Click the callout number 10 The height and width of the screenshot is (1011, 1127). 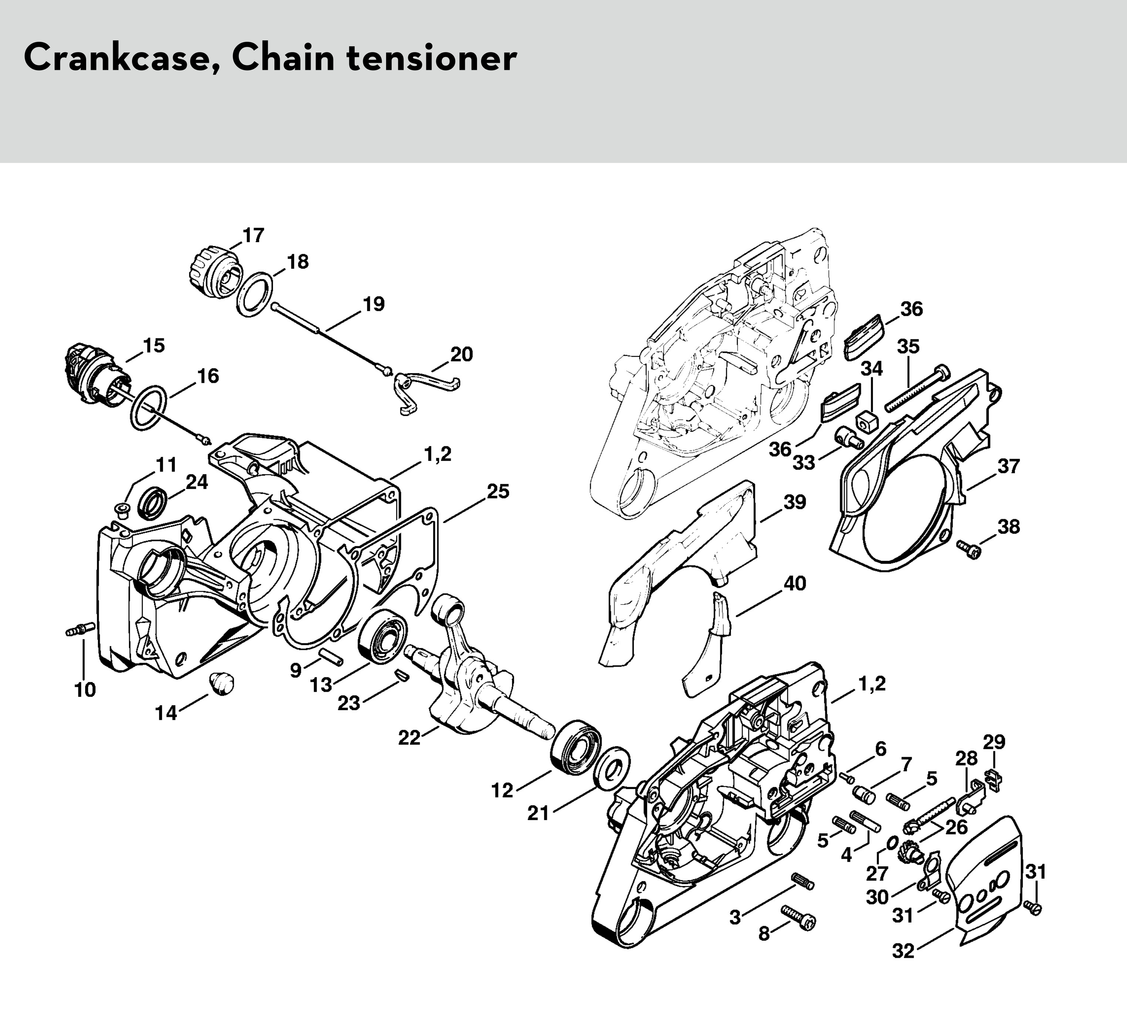(x=85, y=690)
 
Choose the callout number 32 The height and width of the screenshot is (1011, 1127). (x=903, y=951)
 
